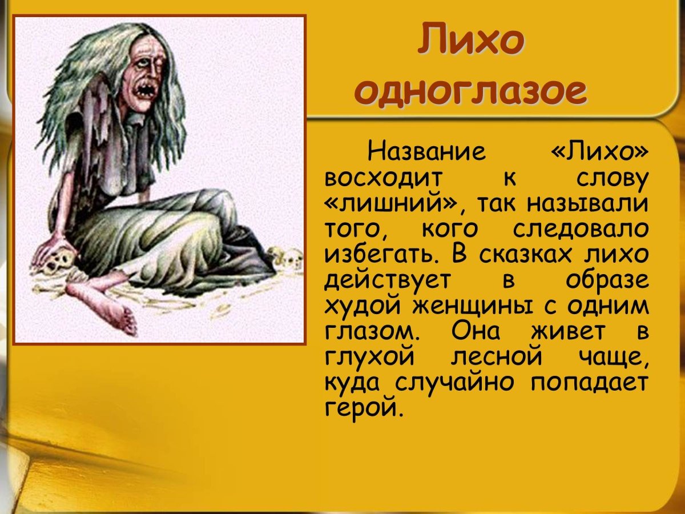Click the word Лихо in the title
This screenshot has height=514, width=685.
(471, 41)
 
